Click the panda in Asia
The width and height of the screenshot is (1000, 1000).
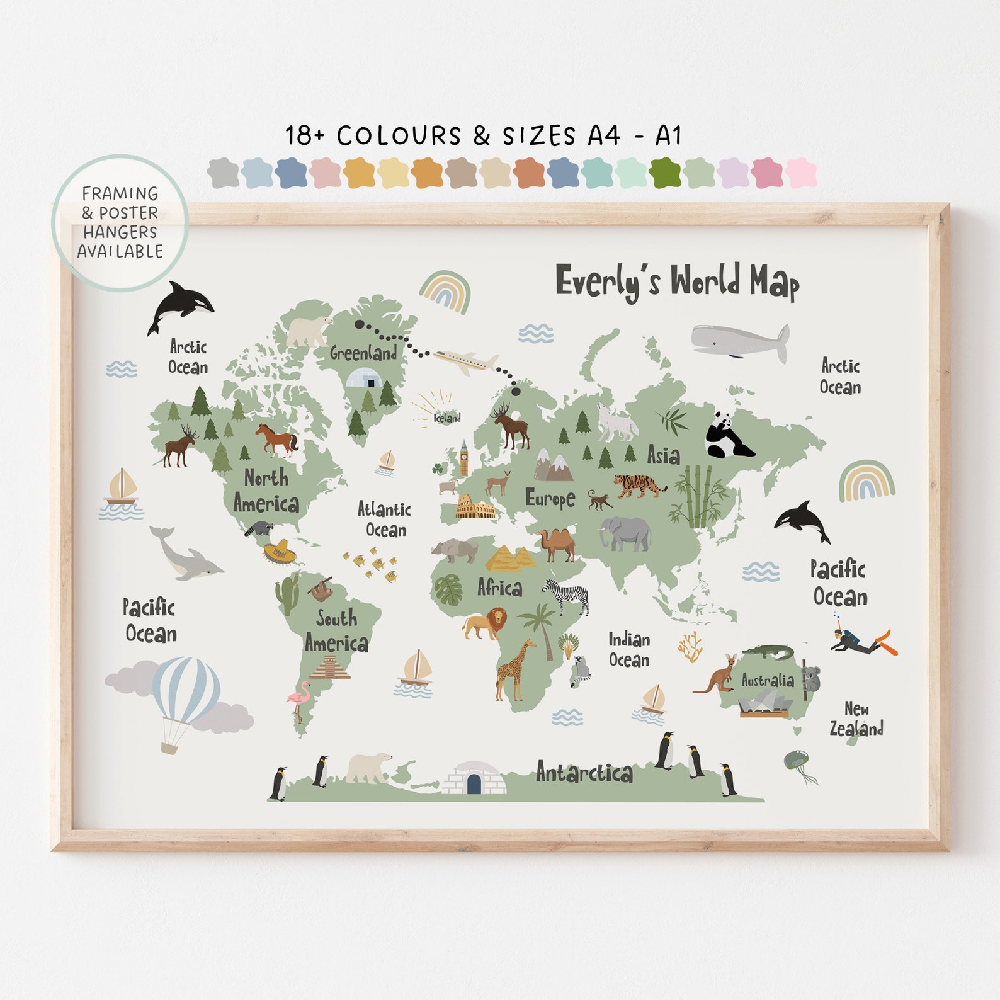click(x=727, y=436)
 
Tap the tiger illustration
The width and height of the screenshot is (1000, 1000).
click(x=639, y=486)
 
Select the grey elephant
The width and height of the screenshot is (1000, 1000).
click(x=625, y=533)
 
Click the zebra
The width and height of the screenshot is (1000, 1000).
click(x=568, y=595)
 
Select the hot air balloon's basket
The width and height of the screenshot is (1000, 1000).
click(x=169, y=747)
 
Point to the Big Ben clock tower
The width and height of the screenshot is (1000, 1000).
click(x=464, y=458)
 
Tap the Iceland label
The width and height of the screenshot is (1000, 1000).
click(x=447, y=418)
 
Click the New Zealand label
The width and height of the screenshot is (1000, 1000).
click(x=856, y=719)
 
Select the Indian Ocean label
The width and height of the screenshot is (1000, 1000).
click(x=629, y=649)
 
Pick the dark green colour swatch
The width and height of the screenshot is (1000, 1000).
click(x=665, y=173)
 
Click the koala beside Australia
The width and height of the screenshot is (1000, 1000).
click(x=812, y=679)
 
